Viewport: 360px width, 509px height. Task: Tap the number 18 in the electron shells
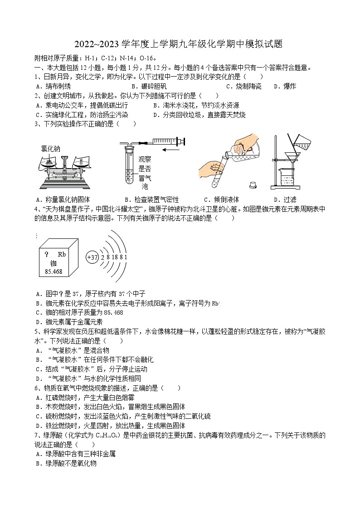(114, 257)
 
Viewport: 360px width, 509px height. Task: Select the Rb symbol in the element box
(62, 254)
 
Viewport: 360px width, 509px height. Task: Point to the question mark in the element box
(46, 254)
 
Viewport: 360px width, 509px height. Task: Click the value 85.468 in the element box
(54, 271)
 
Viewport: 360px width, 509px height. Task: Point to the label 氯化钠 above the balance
(50, 148)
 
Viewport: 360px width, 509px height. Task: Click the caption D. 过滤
(285, 199)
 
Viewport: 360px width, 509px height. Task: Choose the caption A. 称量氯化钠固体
(63, 199)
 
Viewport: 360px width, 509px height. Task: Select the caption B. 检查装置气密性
(151, 199)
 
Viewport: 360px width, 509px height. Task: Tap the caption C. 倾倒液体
(221, 199)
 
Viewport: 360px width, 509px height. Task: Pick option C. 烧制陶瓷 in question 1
(243, 86)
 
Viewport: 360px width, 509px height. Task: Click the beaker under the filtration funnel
(288, 178)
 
